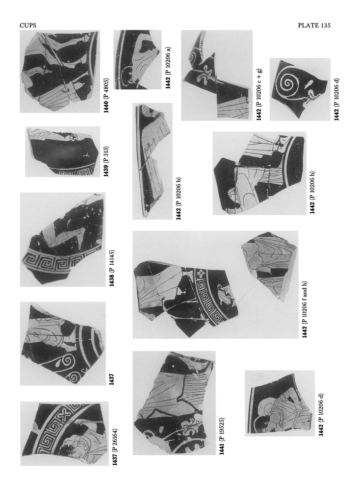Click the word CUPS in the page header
(x=28, y=25)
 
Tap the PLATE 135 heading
(x=314, y=25)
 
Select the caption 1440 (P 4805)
(x=106, y=96)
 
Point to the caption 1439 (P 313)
(x=106, y=161)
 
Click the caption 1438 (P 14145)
(x=112, y=268)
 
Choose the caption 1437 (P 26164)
(x=115, y=447)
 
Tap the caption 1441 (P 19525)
(x=222, y=436)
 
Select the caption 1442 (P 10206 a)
(x=168, y=68)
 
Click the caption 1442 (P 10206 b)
(x=179, y=199)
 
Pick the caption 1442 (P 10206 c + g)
(x=259, y=95)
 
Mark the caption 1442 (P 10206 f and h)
(x=305, y=310)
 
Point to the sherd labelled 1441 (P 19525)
(x=174, y=402)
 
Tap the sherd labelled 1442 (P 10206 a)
(x=137, y=59)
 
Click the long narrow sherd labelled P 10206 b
(x=152, y=160)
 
